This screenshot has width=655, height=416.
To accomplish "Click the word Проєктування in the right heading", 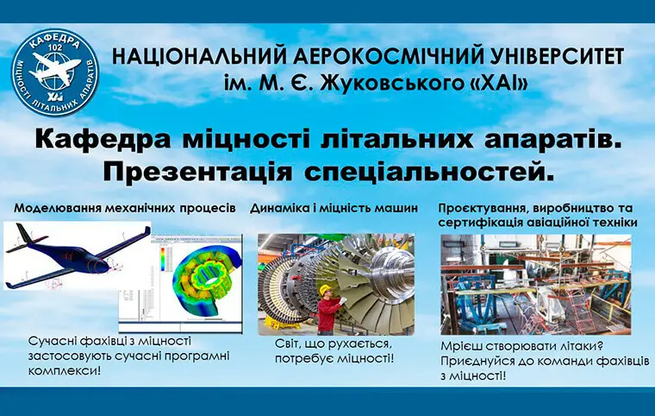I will click(479, 208).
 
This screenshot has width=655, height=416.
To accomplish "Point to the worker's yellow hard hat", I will click(325, 290).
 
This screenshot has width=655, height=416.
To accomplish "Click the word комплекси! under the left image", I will click(64, 371).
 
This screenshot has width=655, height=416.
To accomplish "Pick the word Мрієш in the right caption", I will click(460, 346).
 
